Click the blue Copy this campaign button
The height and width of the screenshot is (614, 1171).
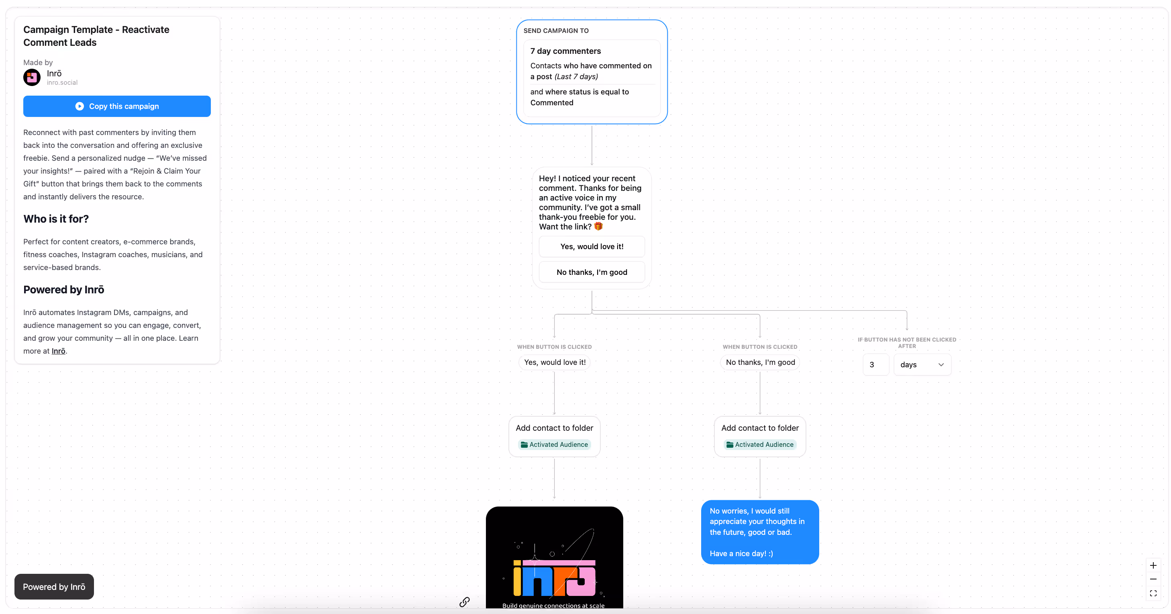(x=117, y=106)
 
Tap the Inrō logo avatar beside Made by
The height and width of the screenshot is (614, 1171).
(x=32, y=77)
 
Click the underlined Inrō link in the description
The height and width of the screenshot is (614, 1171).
(x=58, y=351)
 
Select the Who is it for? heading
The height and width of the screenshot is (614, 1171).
(x=56, y=219)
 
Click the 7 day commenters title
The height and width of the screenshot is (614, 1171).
(x=565, y=51)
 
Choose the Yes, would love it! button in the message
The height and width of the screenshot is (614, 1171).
(x=592, y=246)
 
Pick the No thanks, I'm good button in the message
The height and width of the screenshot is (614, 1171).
(x=592, y=272)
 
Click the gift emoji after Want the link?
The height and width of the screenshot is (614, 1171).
(x=598, y=227)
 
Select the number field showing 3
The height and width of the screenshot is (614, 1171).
(x=875, y=365)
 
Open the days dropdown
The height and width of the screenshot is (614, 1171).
(x=922, y=365)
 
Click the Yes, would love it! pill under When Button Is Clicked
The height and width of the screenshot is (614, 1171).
(x=555, y=362)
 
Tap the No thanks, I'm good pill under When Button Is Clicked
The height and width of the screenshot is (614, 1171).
(x=760, y=362)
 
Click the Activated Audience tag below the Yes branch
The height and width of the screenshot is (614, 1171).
(x=554, y=444)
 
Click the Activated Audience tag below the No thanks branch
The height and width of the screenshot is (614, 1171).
(x=760, y=444)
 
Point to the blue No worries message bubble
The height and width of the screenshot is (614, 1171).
(x=760, y=532)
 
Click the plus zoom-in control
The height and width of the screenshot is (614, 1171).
(x=1153, y=565)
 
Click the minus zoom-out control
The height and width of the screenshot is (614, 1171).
(x=1153, y=579)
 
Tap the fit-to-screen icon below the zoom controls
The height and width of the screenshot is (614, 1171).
(x=1153, y=593)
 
